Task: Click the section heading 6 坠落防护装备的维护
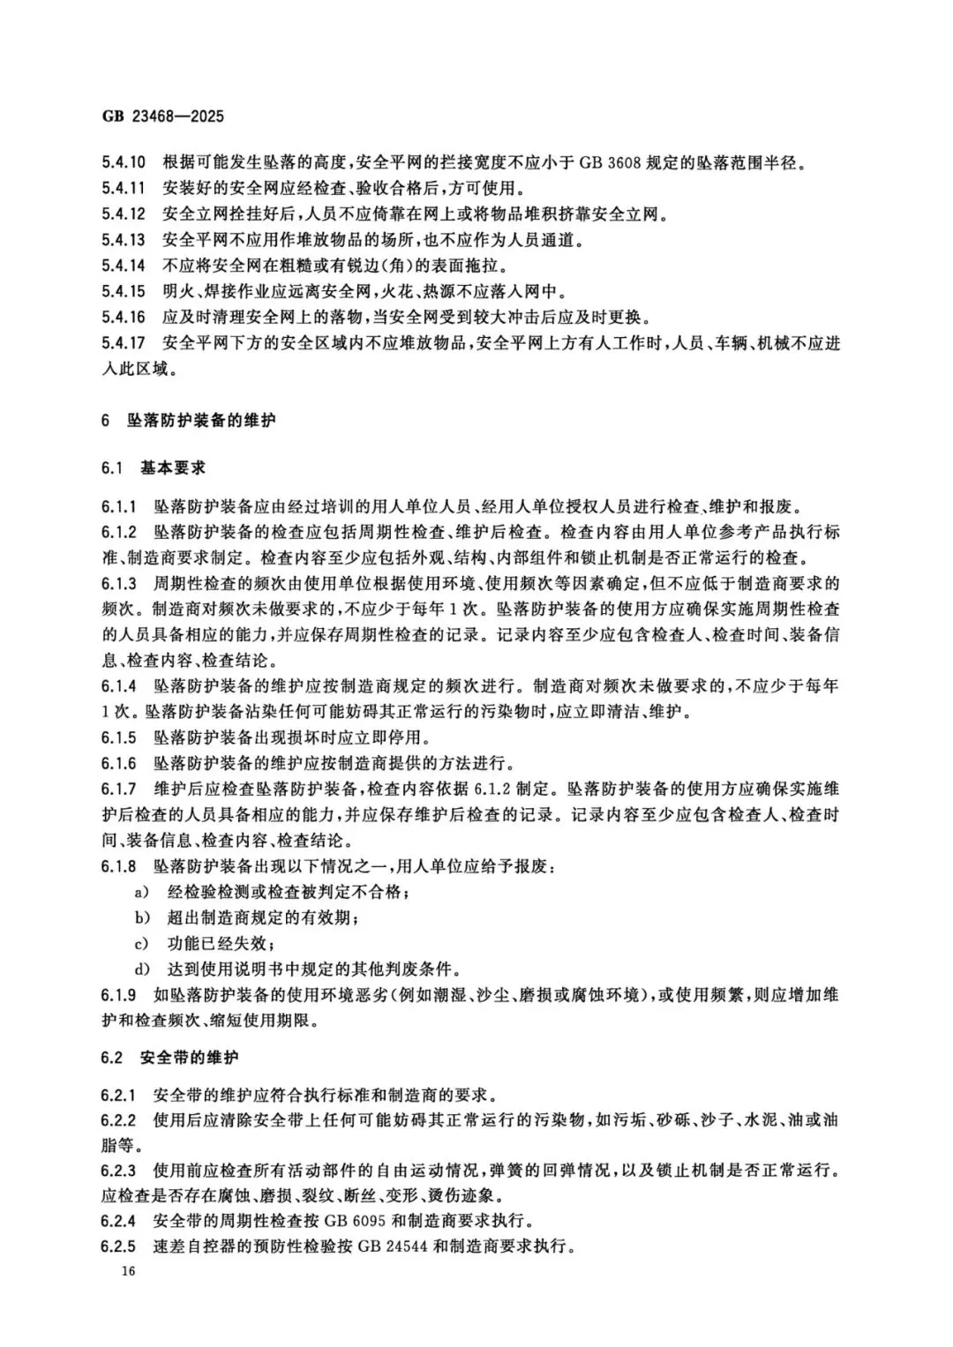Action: pyautogui.click(x=188, y=421)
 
